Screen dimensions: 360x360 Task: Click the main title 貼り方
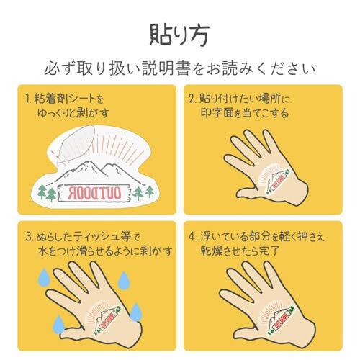179,34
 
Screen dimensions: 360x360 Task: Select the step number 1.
27,97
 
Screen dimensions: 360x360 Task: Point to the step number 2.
192,97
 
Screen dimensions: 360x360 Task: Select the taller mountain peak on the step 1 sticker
85,171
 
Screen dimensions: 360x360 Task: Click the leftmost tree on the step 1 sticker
42,192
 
